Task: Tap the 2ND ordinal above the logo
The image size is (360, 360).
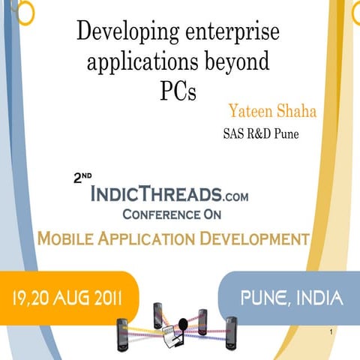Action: [82, 179]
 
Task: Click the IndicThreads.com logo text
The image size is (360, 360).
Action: [168, 195]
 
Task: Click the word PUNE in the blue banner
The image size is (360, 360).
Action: [266, 298]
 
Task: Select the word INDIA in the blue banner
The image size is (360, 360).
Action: [318, 298]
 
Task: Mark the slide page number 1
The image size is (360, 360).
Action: [331, 330]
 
